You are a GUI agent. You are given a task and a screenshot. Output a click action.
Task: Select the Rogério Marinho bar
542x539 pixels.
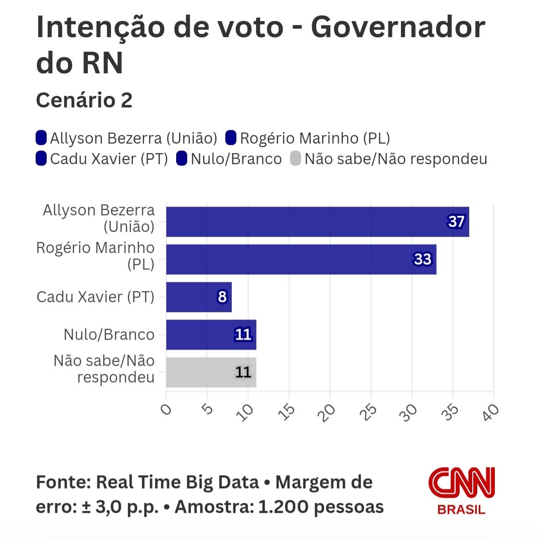click(301, 259)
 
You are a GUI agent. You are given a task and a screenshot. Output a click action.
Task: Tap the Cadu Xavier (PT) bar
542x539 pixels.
click(199, 297)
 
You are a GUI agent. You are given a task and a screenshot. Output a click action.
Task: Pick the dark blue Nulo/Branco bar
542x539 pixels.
click(211, 335)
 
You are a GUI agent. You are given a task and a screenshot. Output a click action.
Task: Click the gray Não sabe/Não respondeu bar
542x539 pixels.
click(211, 372)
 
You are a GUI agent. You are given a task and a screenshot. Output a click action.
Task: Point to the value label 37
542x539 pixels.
click(456, 222)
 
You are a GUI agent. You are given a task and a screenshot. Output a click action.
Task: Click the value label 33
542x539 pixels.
click(423, 259)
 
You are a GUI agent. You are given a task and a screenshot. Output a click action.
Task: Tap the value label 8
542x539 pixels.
click(222, 297)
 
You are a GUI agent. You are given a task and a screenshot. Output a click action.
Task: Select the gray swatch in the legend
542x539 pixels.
click(296, 159)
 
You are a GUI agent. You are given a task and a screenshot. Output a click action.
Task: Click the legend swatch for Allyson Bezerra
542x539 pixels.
click(42, 138)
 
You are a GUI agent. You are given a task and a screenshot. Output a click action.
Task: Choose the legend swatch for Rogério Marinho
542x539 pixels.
click(231, 138)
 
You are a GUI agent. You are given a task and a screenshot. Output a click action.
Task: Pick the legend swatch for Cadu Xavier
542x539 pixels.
click(42, 159)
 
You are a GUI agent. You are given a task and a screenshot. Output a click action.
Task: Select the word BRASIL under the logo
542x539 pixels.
click(461, 509)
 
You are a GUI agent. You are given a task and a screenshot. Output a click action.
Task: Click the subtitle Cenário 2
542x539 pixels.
click(84, 100)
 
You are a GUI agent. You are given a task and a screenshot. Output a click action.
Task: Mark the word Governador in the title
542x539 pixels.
click(398, 28)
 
